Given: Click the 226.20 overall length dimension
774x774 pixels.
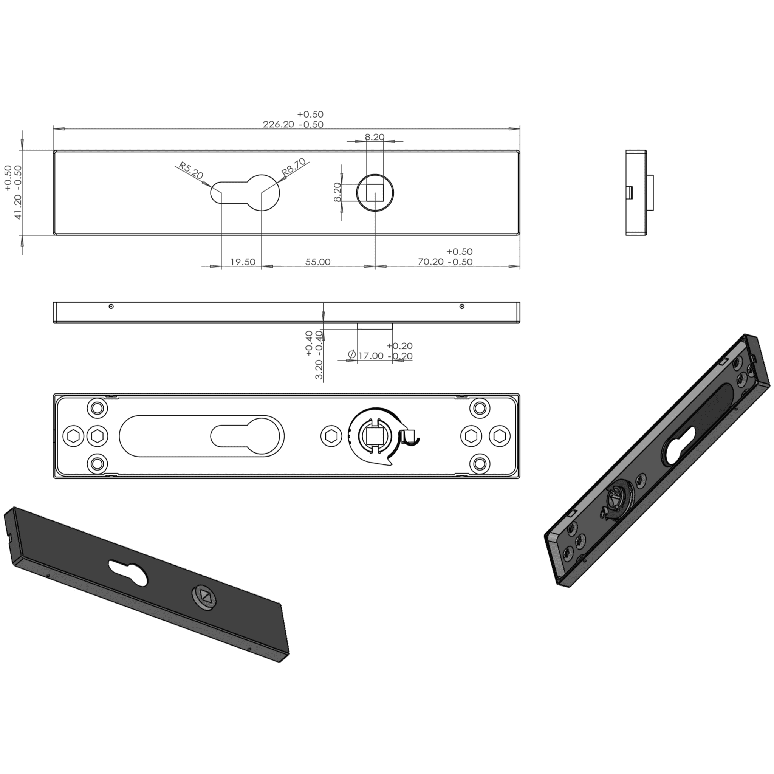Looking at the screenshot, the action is [278, 124].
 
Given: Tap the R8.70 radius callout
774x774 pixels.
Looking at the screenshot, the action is [294, 167].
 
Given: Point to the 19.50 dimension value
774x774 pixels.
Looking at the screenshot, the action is [243, 262].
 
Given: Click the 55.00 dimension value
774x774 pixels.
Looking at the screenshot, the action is [318, 262].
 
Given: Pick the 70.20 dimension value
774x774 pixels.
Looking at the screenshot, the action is [431, 262].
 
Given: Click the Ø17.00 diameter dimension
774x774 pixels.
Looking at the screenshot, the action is [366, 356].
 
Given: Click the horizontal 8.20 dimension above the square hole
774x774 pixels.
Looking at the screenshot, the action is [375, 137].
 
